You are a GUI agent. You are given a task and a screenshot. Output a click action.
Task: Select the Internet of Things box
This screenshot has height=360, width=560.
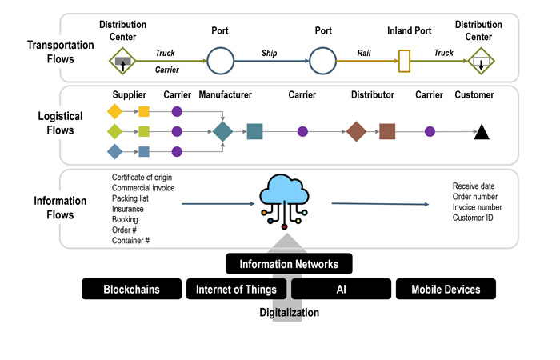tap(237, 289)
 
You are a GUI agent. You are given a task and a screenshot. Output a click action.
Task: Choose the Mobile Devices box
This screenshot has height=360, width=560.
tap(446, 289)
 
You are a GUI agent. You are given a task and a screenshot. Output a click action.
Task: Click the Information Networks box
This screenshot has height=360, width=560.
tap(289, 264)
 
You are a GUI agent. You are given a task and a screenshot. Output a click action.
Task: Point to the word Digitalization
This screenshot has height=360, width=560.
tap(289, 313)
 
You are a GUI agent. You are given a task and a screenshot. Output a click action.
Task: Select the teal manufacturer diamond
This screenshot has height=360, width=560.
tap(222, 131)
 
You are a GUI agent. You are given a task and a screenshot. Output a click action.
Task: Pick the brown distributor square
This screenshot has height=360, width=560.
tap(387, 131)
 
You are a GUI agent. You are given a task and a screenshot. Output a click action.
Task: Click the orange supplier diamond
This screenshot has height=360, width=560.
tap(114, 110)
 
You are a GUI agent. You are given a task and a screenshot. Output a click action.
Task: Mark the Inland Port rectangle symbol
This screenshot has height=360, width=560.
tap(404, 59)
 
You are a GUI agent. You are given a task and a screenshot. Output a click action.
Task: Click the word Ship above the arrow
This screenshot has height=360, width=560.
tap(269, 53)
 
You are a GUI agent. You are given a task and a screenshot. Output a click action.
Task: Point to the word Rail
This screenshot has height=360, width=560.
tap(364, 53)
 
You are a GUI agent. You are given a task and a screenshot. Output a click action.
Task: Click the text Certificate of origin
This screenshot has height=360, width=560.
tap(142, 178)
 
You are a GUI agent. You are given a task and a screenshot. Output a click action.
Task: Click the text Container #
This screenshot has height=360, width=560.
tap(131, 240)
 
